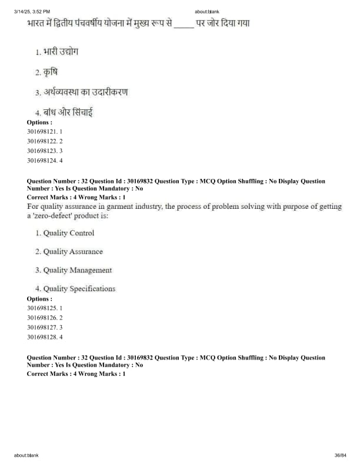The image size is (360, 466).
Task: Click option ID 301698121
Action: tap(45, 132)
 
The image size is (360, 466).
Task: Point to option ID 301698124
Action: tap(45, 160)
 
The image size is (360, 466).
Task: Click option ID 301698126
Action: tap(45, 318)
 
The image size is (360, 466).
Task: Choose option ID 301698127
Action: tap(45, 327)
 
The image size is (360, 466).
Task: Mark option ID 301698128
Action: tap(45, 337)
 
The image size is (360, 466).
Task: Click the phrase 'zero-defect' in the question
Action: tap(52, 216)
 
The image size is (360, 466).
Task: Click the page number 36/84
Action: tap(340, 455)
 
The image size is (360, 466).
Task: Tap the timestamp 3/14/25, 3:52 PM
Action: tap(32, 11)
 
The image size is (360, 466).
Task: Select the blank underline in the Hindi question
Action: tap(184, 24)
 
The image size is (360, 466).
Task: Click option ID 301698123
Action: tap(45, 151)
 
